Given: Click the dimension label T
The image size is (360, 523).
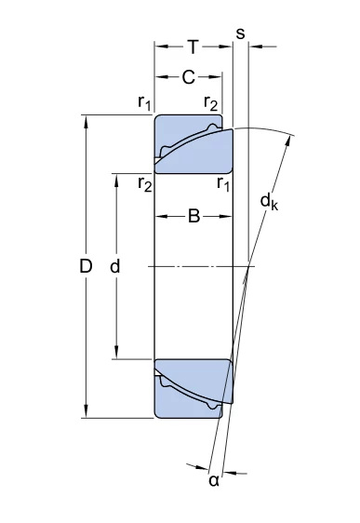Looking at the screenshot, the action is (x=193, y=47).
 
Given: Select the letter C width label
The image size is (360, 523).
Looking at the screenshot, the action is (x=188, y=77).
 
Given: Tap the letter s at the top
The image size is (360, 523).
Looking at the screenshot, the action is (x=240, y=34).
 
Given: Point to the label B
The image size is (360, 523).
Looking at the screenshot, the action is (x=194, y=216).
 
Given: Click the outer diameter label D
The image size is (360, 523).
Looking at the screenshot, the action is (x=86, y=266).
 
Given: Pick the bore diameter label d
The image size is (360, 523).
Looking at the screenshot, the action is (x=115, y=266).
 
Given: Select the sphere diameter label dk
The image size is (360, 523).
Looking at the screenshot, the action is (x=269, y=202).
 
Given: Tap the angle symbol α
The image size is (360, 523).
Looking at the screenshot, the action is (x=214, y=480).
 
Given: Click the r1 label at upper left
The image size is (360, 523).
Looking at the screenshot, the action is (x=145, y=102).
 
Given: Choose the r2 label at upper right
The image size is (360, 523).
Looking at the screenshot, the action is (x=210, y=102).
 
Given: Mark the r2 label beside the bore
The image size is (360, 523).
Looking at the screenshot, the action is (x=145, y=183).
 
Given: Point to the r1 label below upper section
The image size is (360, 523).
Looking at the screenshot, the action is (x=223, y=183).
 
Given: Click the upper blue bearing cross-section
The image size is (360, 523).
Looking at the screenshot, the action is (x=193, y=144).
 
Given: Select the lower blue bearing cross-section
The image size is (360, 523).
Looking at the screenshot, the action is (x=193, y=389).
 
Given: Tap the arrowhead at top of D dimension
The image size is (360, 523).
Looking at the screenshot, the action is (x=86, y=121).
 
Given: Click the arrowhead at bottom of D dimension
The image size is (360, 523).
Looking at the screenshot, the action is (x=86, y=411).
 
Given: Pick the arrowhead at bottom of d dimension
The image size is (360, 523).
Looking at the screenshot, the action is (x=116, y=352).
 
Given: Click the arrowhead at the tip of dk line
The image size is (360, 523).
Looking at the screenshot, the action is (x=287, y=141).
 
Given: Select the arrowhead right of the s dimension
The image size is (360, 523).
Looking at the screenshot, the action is (x=255, y=47).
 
